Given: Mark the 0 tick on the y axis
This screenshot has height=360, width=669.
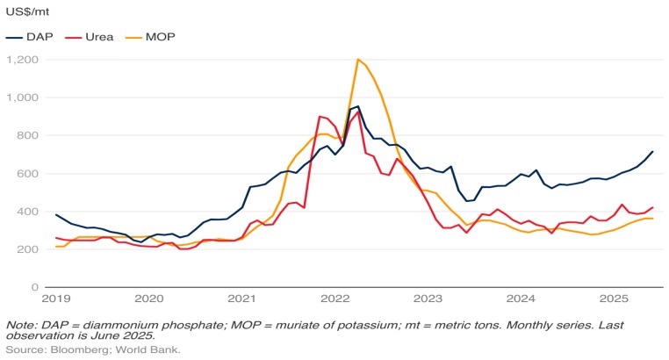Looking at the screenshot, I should click(x=33, y=287).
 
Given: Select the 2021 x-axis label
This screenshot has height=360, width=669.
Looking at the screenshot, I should click(x=241, y=299).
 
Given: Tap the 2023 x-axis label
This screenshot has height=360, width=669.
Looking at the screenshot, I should click(x=428, y=299).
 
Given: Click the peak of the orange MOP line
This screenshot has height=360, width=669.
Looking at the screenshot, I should click(x=358, y=60).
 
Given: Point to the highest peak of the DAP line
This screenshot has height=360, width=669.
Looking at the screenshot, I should click(x=358, y=106).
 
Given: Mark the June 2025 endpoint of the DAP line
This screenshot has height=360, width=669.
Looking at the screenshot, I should click(x=652, y=152).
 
